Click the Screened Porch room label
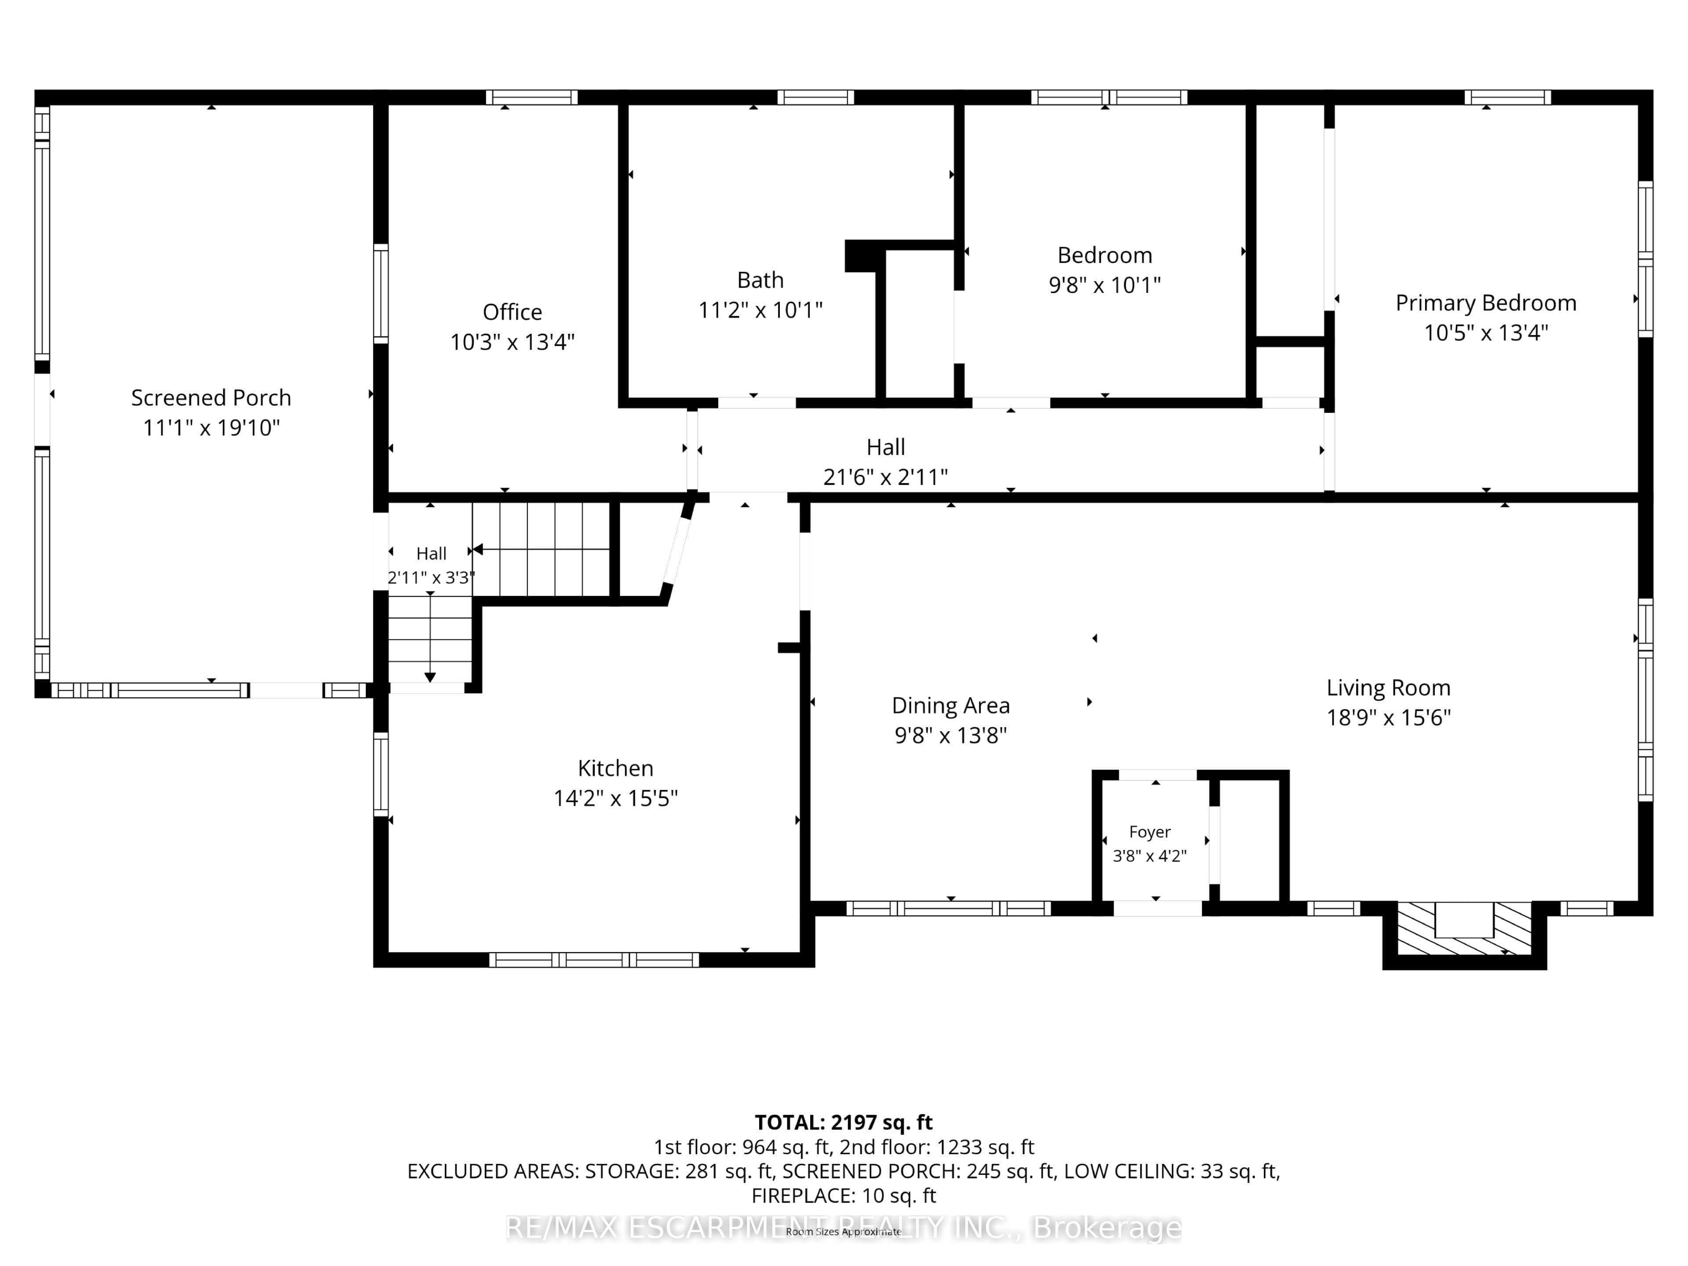[x=211, y=398]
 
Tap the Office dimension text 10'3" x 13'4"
[x=512, y=342]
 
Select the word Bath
[x=760, y=280]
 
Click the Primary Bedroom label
[x=1486, y=303]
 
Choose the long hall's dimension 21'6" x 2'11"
[x=885, y=477]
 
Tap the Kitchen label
[x=615, y=768]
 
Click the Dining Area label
[x=951, y=705]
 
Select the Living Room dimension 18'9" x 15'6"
[x=1388, y=718]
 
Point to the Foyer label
[x=1149, y=832]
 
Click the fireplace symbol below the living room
[x=1464, y=928]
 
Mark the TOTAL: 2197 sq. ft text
[x=843, y=1123]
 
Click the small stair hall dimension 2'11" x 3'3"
[x=431, y=577]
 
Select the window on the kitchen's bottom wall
[x=594, y=960]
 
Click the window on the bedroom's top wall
[x=1109, y=97]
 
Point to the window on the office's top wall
[x=532, y=97]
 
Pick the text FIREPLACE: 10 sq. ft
[x=843, y=1196]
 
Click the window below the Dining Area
[x=949, y=908]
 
